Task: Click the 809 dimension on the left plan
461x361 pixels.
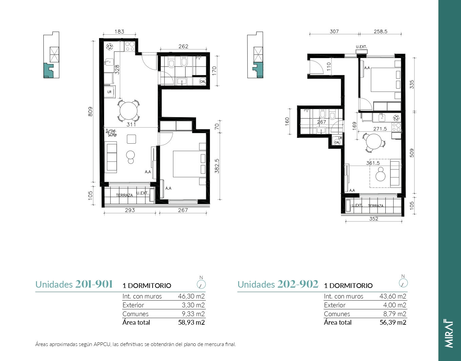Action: [x=90, y=111]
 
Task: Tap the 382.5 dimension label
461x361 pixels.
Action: [x=217, y=166]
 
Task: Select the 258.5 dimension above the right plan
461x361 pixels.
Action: [x=380, y=32]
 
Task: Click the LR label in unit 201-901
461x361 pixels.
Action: [x=109, y=92]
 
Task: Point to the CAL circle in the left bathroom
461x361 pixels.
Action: [x=203, y=81]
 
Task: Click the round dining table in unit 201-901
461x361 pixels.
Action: [x=128, y=111]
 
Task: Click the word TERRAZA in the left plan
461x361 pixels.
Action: [x=124, y=195]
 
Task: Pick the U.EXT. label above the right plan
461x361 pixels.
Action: [x=361, y=47]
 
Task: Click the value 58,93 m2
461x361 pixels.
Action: [x=191, y=322]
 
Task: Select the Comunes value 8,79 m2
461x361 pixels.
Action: [x=395, y=314]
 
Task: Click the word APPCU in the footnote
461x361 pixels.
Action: [x=102, y=344]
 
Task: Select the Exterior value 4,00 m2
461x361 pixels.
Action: [x=395, y=305]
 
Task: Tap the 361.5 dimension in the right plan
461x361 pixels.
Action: [x=373, y=163]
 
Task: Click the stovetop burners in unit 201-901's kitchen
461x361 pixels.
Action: [x=129, y=47]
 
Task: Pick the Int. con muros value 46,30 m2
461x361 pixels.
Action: [x=191, y=296]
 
